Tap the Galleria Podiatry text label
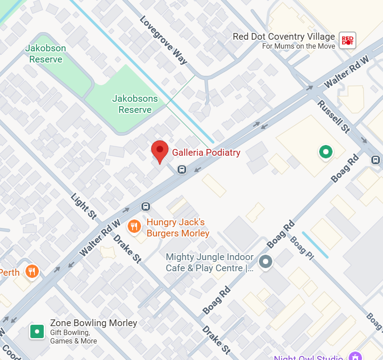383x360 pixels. (206, 153)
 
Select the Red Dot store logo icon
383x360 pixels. (347, 41)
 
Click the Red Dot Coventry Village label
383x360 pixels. (284, 37)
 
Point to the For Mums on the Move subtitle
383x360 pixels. (298, 46)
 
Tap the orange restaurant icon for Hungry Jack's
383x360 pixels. (134, 227)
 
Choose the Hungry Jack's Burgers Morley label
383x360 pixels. (178, 228)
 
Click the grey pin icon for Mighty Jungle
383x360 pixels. (266, 262)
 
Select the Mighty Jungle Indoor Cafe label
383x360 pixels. (209, 263)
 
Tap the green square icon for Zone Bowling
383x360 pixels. (37, 331)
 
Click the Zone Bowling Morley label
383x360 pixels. (93, 323)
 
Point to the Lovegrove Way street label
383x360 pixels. (163, 40)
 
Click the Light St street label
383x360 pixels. (83, 206)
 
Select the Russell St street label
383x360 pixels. (333, 116)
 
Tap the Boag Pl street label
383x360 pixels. (301, 246)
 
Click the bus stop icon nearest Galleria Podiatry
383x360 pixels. (182, 169)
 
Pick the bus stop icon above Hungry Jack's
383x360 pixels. (146, 206)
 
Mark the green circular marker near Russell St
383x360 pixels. (326, 152)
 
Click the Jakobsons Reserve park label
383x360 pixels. (135, 104)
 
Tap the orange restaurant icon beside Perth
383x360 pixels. (32, 271)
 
